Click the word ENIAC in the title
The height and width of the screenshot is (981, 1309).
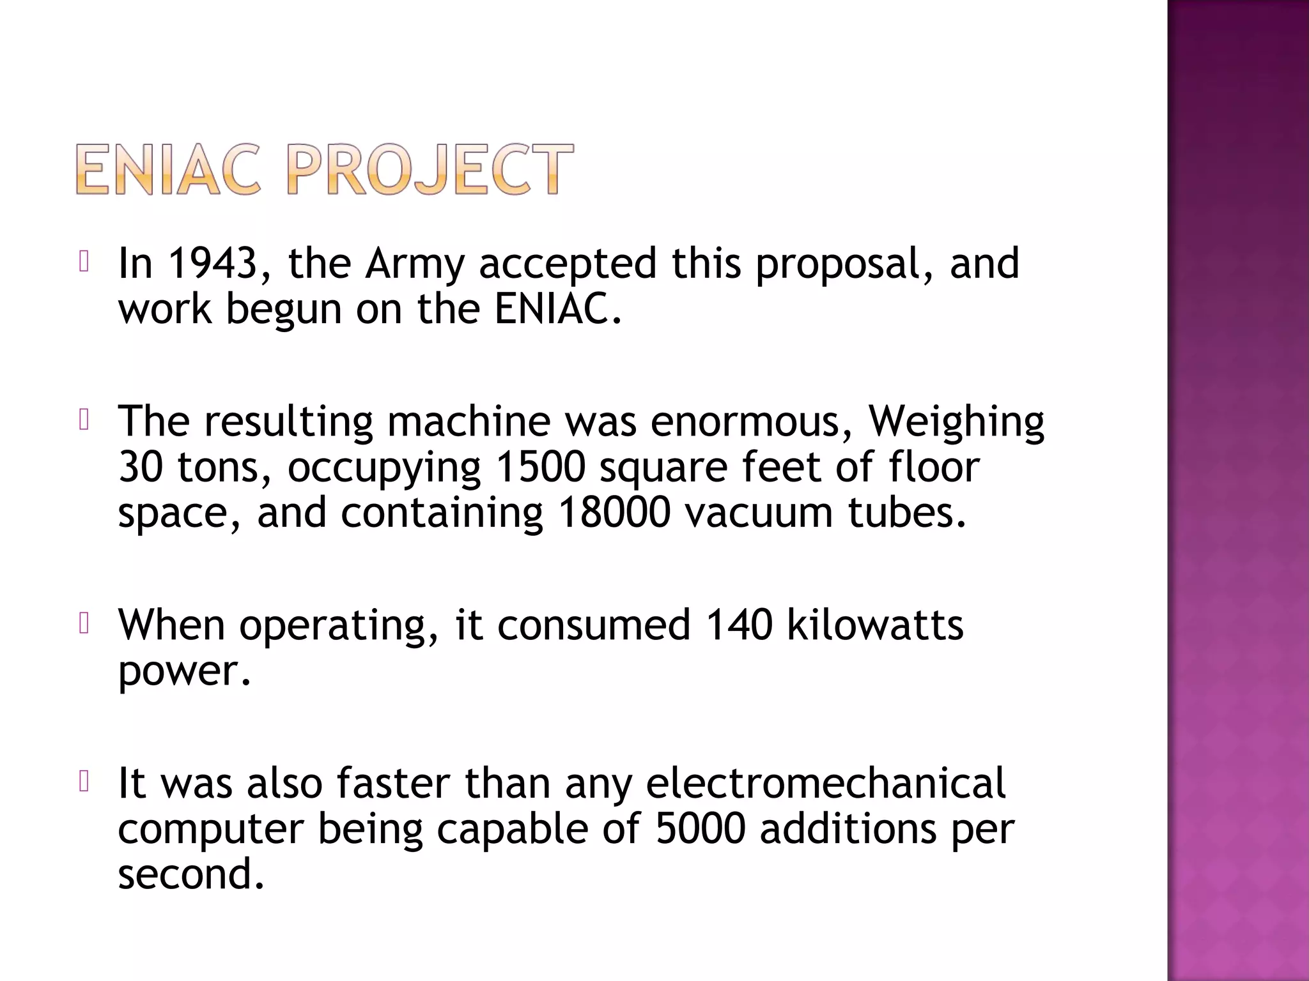click(168, 169)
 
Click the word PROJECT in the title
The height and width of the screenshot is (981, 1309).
click(429, 169)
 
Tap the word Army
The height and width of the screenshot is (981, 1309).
click(414, 264)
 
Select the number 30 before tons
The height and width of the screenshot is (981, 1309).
click(141, 468)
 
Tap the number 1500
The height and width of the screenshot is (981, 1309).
click(540, 468)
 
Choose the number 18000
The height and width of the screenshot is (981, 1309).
click(614, 512)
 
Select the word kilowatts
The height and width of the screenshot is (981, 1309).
click(875, 625)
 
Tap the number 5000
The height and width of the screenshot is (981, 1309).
click(701, 828)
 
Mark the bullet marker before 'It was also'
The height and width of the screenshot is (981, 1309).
click(83, 782)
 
